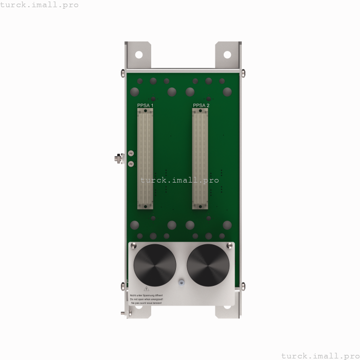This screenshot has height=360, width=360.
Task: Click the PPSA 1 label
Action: pos(145,105)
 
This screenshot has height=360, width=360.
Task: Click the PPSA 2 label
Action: pos(201,105)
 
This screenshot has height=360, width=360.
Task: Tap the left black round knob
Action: pos(155,265)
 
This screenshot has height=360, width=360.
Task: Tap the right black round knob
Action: pos(208,265)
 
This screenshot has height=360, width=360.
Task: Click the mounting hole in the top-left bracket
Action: pos(138,54)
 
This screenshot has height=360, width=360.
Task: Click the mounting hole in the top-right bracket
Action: pos(227,54)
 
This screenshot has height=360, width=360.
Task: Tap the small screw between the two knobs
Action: pos(181,282)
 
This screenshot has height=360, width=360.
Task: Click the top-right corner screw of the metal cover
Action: pos(229,246)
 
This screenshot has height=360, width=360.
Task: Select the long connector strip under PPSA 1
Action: pos(146,158)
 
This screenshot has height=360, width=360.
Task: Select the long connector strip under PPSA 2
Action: pos(201,158)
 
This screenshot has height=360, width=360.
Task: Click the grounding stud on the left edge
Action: pos(118,158)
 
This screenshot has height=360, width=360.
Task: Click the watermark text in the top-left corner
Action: pos(40,5)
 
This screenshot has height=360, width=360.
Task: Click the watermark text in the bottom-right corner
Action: pos(320,355)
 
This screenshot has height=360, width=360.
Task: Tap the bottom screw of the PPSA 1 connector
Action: pos(146,206)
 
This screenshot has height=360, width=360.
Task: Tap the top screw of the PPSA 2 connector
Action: pos(201,110)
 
